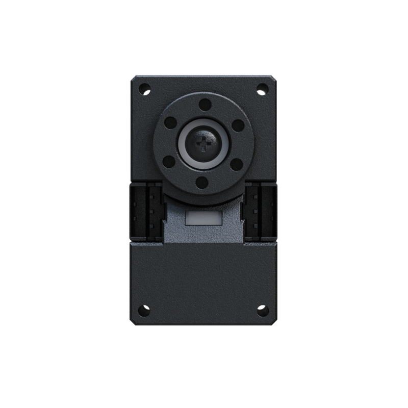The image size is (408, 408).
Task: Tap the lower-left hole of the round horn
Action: [170, 163]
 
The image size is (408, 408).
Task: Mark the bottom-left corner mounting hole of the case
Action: [144, 310]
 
